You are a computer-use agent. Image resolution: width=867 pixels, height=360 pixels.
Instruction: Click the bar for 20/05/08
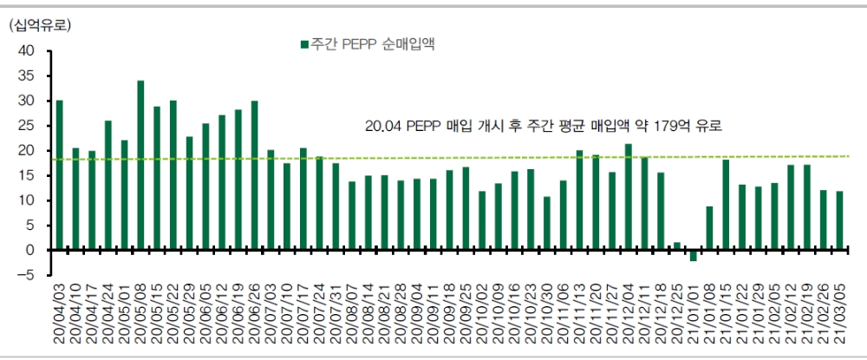coord(140,165)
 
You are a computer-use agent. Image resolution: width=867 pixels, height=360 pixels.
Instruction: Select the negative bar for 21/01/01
coord(694,255)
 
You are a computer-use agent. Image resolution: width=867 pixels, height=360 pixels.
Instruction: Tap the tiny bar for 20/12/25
coord(677,246)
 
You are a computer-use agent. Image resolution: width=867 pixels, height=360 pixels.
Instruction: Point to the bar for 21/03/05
coord(840,220)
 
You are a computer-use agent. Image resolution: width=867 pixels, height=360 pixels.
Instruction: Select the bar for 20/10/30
coord(547,223)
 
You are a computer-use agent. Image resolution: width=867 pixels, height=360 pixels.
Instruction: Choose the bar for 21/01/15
coord(726,205)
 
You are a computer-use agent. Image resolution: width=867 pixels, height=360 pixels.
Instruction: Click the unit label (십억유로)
coord(40,25)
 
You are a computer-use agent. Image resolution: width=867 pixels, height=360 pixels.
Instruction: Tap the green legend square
coord(303,43)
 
